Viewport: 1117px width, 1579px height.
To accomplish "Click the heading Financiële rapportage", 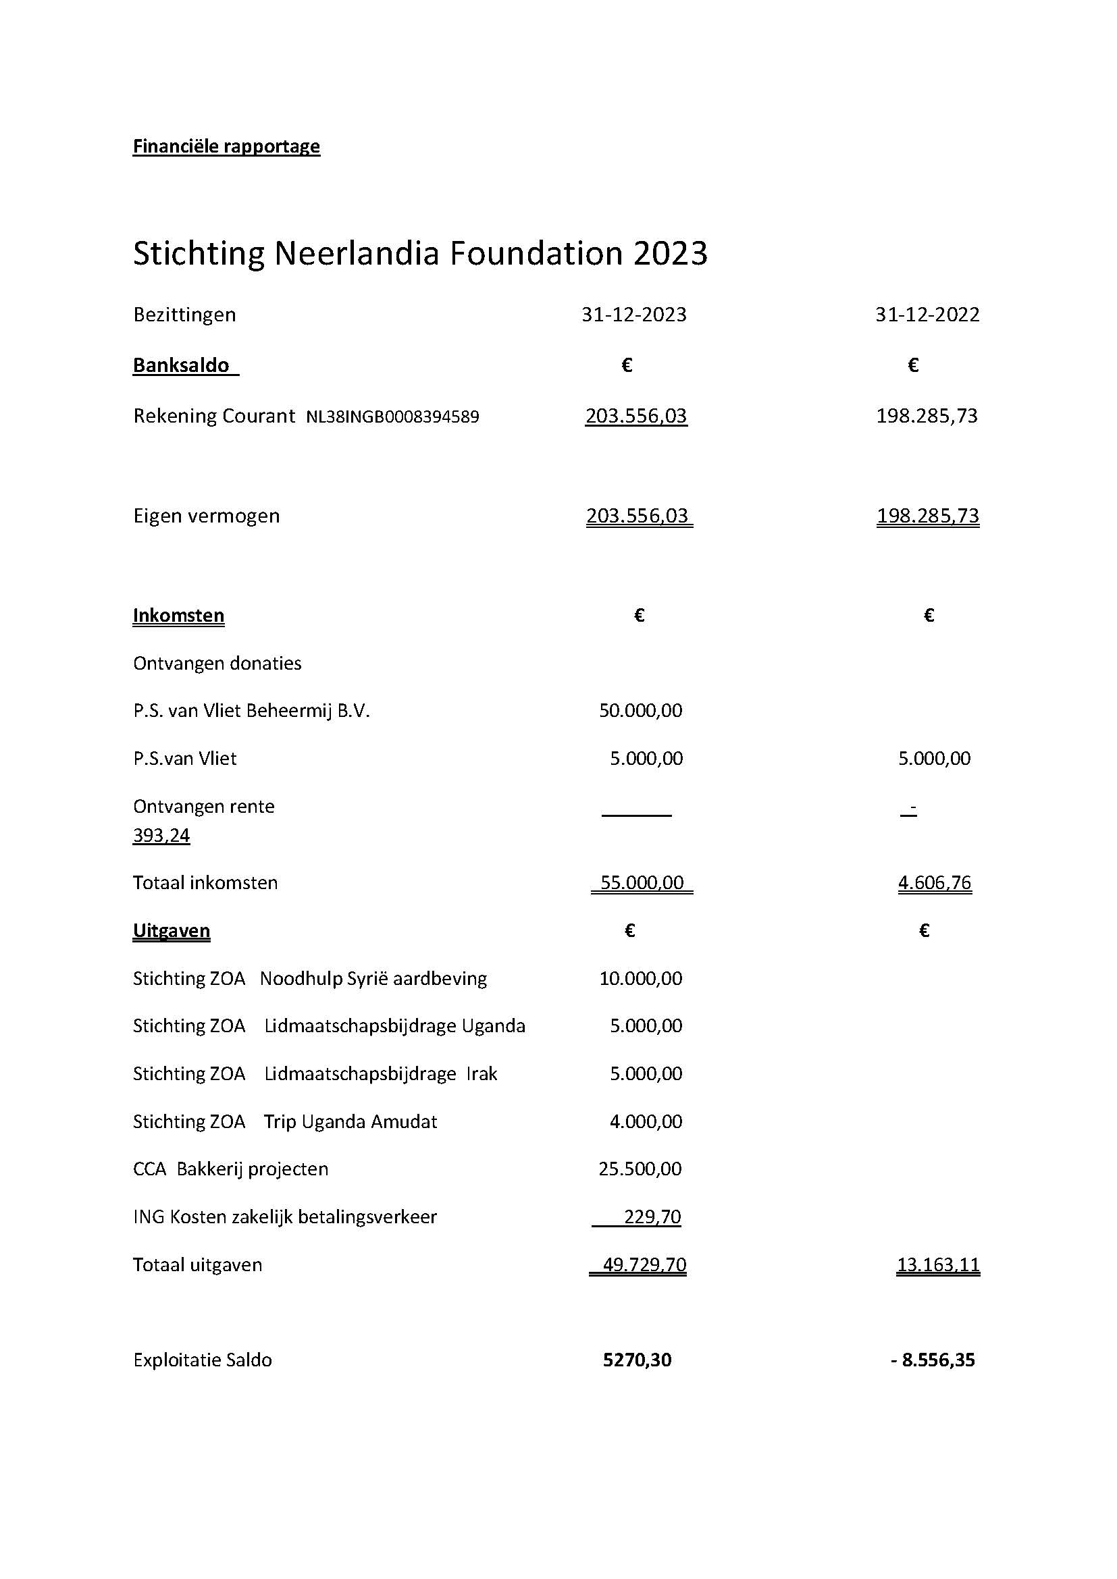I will (x=226, y=146).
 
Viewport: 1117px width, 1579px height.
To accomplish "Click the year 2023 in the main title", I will (x=670, y=254).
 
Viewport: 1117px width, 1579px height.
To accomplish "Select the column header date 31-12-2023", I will (x=633, y=315).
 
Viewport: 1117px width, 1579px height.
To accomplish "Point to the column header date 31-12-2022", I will (x=927, y=315).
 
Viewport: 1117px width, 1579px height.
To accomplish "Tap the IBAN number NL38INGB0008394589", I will (x=392, y=417).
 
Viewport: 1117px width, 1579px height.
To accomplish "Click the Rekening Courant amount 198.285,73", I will (x=927, y=416).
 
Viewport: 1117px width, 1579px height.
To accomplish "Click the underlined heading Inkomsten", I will (x=178, y=616).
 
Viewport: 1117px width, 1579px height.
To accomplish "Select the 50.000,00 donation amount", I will (x=640, y=711).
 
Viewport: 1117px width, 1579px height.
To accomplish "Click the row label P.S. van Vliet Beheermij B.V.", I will (x=251, y=711).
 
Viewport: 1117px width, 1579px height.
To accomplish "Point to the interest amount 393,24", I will (x=161, y=836).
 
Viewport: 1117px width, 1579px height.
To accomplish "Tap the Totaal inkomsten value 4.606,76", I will (x=935, y=883).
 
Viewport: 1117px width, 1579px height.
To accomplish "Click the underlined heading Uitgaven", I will (x=172, y=931).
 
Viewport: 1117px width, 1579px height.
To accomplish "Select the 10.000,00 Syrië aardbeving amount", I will (x=640, y=979).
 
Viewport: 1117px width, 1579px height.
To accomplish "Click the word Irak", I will (x=482, y=1074).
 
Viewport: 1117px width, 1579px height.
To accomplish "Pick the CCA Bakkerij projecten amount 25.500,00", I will (x=640, y=1169).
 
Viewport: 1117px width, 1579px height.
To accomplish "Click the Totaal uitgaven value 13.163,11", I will (x=938, y=1264).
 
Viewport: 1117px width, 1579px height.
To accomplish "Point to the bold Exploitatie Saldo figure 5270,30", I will (x=637, y=1360).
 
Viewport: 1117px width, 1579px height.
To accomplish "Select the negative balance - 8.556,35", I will (x=933, y=1360).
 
